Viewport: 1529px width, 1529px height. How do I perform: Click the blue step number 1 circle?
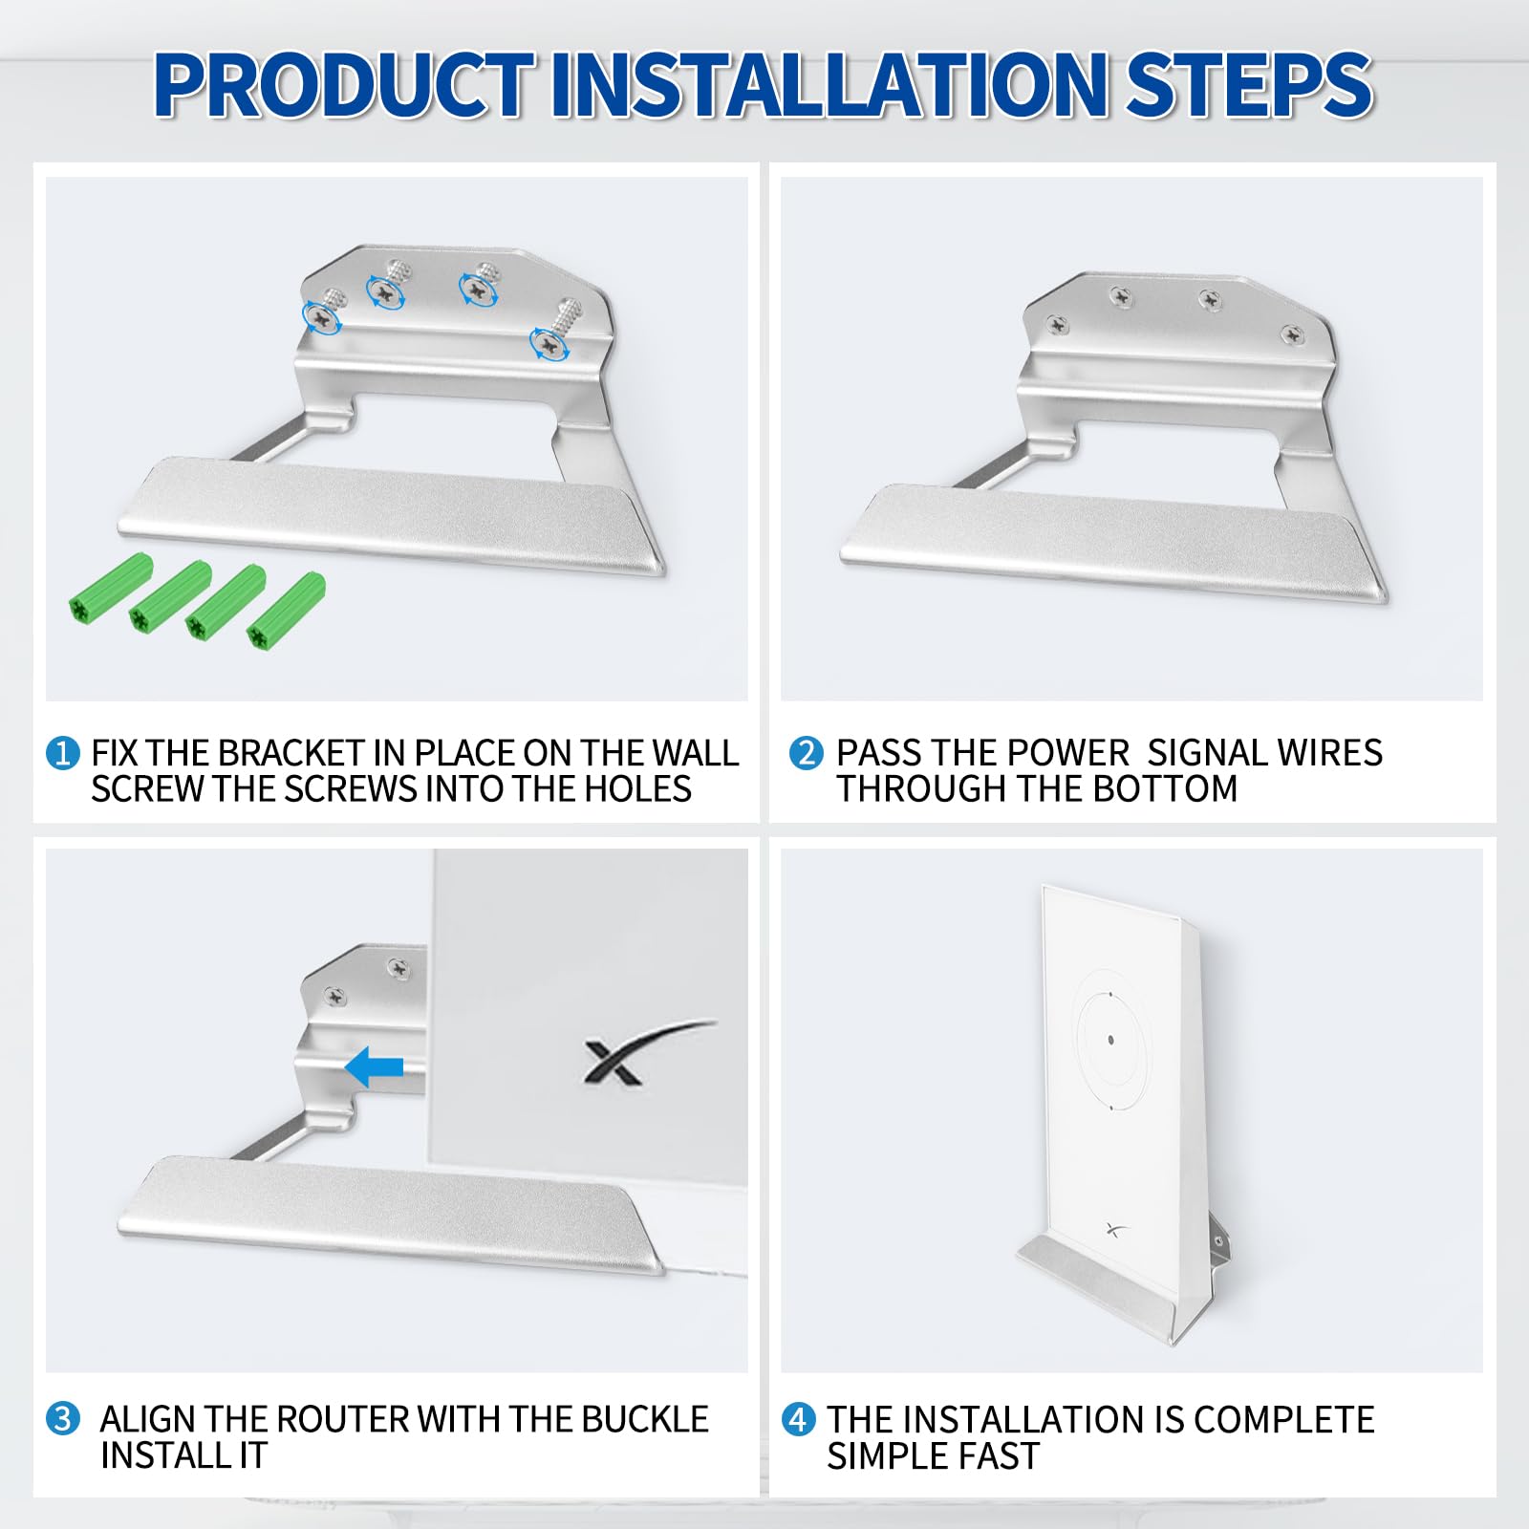click(62, 753)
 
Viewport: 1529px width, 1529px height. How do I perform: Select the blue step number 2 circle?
click(806, 753)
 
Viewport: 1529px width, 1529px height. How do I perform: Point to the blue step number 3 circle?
click(62, 1418)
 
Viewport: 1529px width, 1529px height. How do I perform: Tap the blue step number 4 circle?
click(798, 1419)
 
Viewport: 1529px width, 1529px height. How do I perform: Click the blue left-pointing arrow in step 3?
click(374, 1066)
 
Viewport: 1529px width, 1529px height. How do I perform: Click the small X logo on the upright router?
click(1113, 1229)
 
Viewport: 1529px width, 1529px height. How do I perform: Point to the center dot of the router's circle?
click(1110, 1039)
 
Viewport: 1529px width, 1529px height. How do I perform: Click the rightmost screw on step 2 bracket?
click(1292, 334)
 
